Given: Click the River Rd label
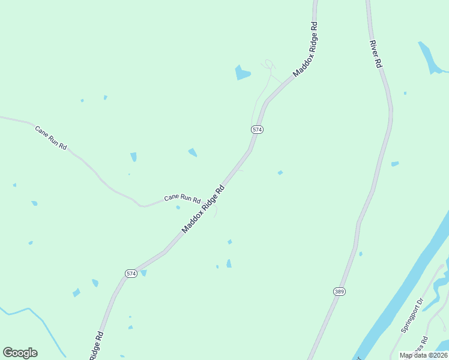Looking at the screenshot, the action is pos(376,53).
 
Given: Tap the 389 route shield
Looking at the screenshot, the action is pos(339,291).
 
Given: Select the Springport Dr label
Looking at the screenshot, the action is pos(412,315).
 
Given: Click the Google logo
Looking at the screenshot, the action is pos(20,353).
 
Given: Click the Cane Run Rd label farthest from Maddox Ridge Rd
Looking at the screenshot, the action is pos(51,137).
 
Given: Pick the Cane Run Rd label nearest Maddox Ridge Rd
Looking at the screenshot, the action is pos(182,198).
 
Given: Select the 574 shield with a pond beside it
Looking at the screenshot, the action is pos(131,274).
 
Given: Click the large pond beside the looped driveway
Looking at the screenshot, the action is pos(242,73).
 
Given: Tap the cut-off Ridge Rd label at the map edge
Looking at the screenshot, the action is pos(96,346).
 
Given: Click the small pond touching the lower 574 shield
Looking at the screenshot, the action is pos(143,273).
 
